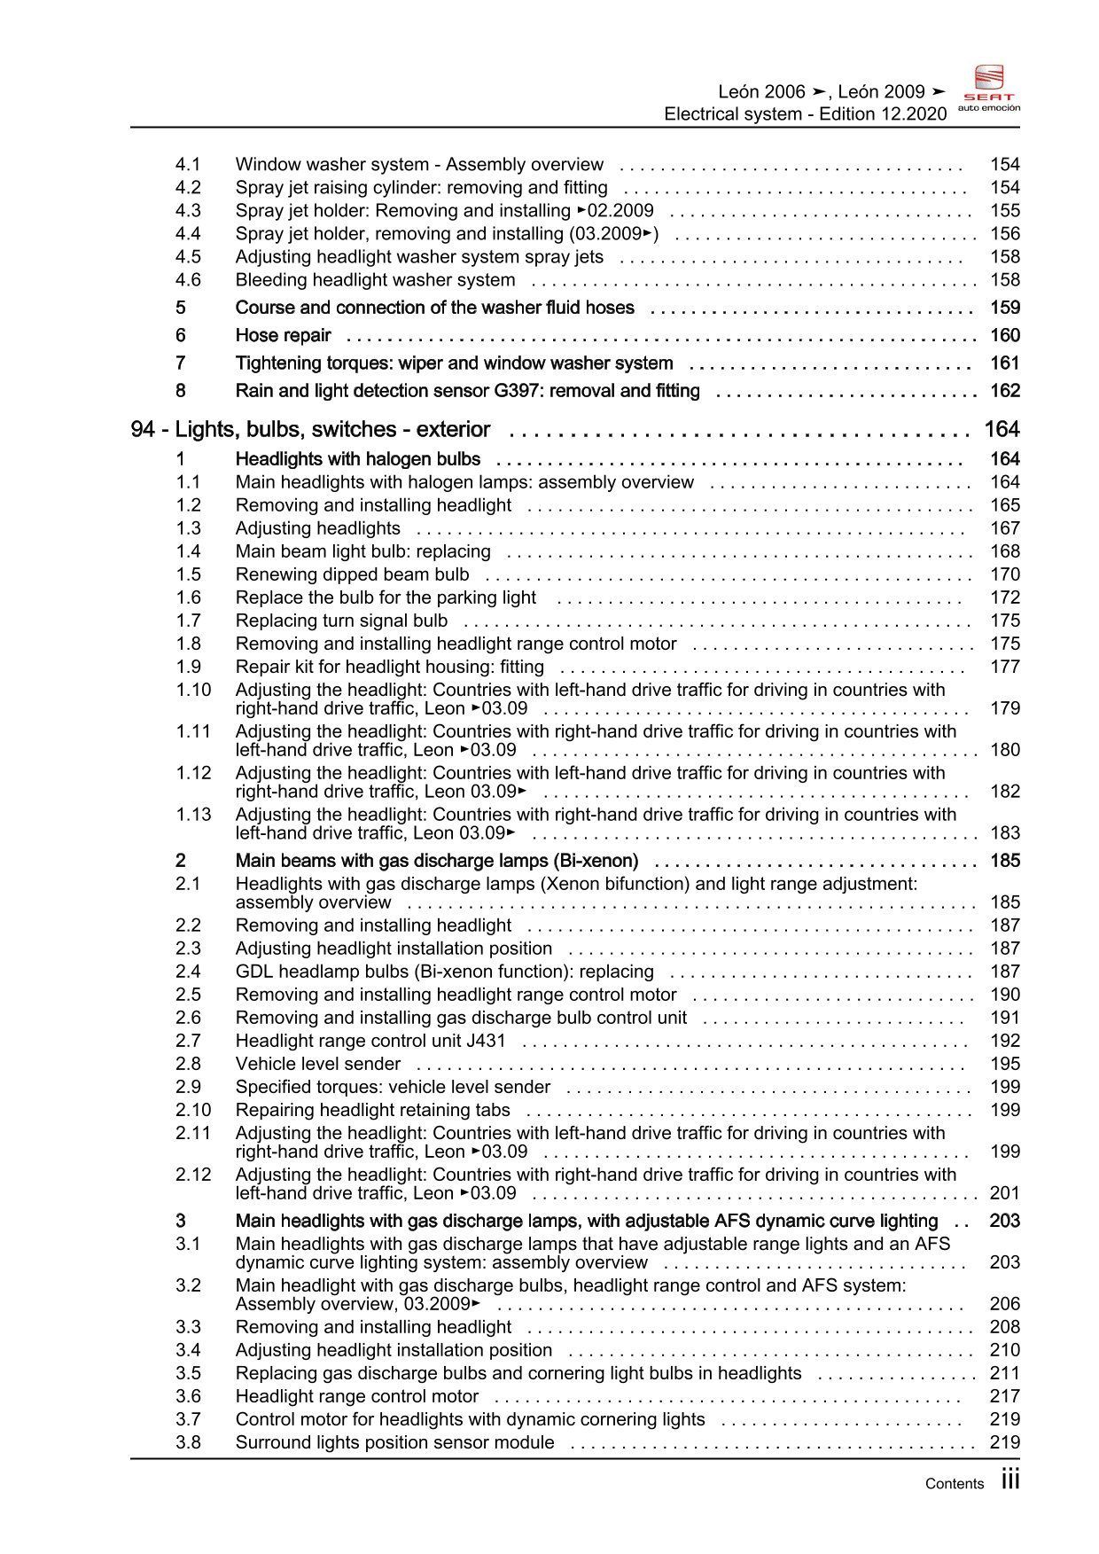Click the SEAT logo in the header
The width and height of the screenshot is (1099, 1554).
(989, 88)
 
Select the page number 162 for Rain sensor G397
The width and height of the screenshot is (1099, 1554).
(1004, 391)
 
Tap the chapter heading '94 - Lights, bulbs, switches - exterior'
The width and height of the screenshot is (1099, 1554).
(310, 430)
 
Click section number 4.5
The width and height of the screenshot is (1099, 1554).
(188, 257)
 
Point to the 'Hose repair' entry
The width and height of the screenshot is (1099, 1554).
(283, 336)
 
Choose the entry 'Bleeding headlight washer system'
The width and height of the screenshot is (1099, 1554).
(375, 280)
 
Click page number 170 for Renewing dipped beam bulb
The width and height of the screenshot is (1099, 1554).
(1004, 574)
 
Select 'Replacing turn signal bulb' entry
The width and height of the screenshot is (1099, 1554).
(341, 621)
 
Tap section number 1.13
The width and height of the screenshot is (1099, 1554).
(193, 815)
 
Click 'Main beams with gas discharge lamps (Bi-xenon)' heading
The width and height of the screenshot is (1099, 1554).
(437, 861)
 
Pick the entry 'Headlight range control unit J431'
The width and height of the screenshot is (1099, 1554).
(370, 1041)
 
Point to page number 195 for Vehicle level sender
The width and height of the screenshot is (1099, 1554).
(1004, 1064)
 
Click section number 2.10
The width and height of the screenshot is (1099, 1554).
(193, 1110)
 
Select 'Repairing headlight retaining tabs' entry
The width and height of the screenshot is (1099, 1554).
(372, 1110)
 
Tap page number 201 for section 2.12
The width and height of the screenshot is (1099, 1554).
(1004, 1193)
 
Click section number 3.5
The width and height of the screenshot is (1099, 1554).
(188, 1373)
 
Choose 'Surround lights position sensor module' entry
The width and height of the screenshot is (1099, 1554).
(394, 1442)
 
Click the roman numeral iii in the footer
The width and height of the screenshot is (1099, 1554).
(1010, 1480)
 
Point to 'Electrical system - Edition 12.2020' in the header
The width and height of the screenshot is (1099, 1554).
(805, 114)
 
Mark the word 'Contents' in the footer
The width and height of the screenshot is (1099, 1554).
(954, 1484)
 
